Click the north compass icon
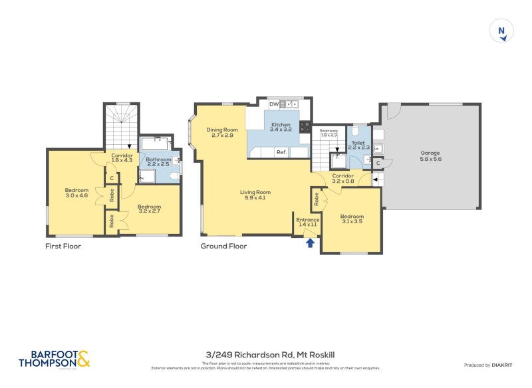501,32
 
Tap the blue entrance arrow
309,243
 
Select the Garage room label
430,156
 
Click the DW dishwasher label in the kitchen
273,104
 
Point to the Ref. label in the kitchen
281,152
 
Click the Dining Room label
221,132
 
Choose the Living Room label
255,195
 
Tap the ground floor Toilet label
357,144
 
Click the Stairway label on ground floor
329,133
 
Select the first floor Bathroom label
159,161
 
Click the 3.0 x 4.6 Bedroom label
76,191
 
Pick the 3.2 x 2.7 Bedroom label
149,209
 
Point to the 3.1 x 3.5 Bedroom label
352,219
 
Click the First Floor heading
63,246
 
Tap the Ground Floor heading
223,246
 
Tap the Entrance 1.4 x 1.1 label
308,222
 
